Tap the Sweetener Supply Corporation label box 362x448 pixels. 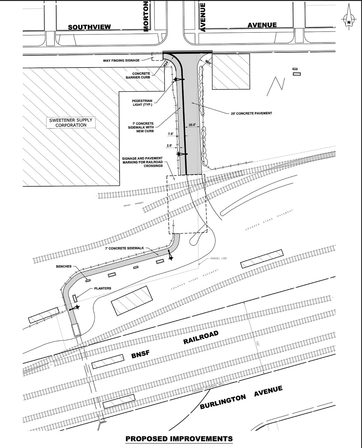coord(71,123)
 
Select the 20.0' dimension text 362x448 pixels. coord(192,125)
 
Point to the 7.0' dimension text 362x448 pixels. coord(171,134)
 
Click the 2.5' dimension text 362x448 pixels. coord(169,145)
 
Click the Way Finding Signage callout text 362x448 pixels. coord(121,60)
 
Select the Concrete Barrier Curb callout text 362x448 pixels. coord(138,75)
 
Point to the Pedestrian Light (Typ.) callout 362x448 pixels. coord(142,103)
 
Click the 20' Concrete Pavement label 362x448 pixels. coord(251,113)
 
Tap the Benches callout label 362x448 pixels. coord(64,266)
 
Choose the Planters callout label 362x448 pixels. coord(103,288)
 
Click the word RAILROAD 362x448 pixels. coord(201,337)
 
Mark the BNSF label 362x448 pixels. coord(140,354)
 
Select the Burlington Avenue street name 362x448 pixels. coord(241,398)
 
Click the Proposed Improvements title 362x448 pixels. coord(179,439)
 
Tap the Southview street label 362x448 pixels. coord(89,27)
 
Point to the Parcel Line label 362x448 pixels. coord(219,258)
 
